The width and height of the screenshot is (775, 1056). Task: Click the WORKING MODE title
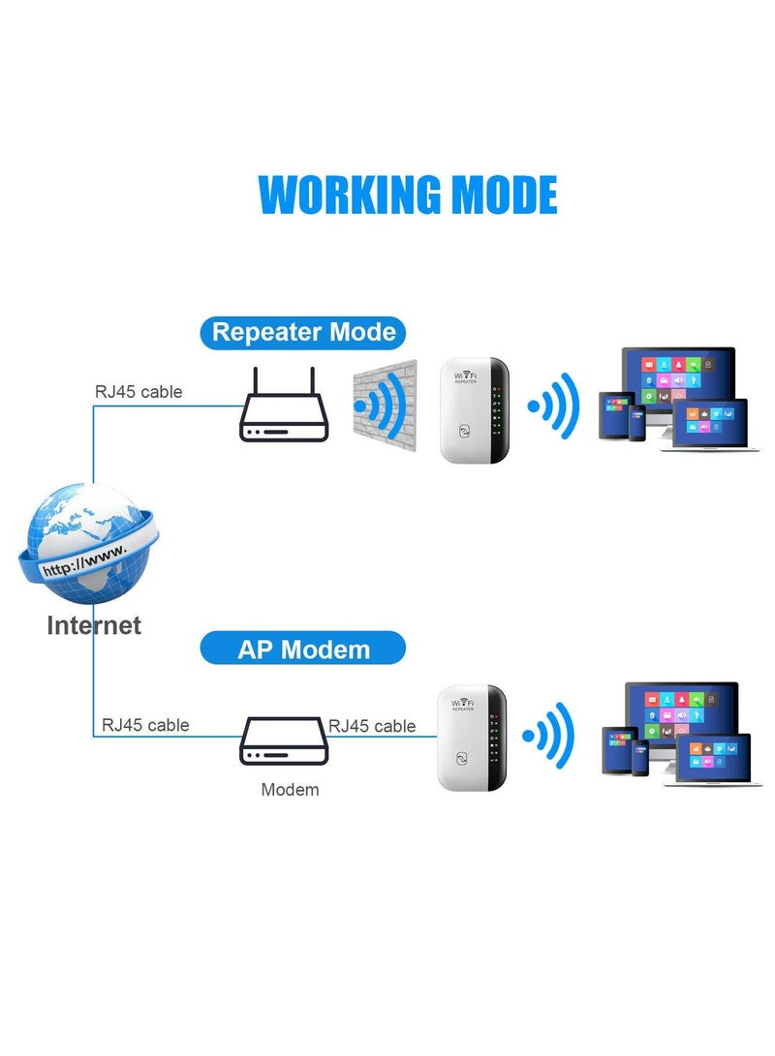[407, 195]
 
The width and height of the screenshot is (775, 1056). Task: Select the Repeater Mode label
[303, 332]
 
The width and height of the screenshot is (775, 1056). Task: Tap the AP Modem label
[303, 648]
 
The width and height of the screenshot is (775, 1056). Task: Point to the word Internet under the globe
[94, 625]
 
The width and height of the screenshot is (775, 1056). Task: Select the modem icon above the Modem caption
[281, 741]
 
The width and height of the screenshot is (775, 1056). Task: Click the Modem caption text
[290, 790]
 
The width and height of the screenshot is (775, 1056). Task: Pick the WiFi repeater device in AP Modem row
[471, 737]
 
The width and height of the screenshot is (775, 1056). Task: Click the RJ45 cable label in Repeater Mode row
[138, 392]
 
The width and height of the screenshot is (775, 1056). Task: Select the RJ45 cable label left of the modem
[145, 725]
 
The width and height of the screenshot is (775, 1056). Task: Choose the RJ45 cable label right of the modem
[372, 726]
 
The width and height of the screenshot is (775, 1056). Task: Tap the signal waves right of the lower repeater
[549, 737]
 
